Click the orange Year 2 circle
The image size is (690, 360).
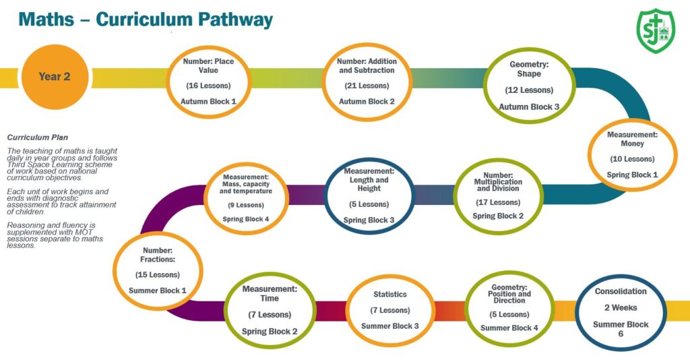click(54, 77)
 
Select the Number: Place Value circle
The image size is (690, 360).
click(208, 81)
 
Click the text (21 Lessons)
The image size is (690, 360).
click(367, 86)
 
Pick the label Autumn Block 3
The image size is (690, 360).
click(529, 107)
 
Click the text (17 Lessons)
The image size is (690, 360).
click(498, 202)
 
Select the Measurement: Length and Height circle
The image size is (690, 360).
click(369, 195)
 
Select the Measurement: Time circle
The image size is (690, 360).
click(270, 310)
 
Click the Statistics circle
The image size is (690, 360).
click(389, 309)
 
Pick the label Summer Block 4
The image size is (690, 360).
click(509, 328)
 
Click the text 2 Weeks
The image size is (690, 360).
click(621, 308)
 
